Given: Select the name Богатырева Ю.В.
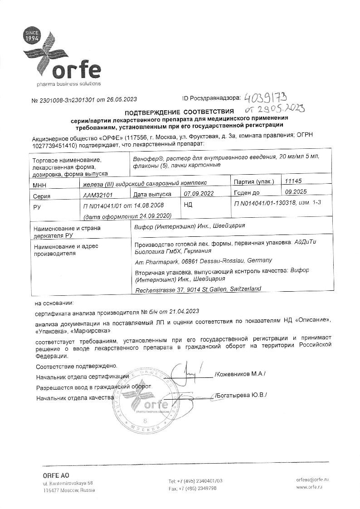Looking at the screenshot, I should [x=241, y=395].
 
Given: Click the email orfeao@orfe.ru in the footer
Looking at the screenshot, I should [x=312, y=480].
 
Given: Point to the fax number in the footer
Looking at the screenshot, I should [x=192, y=488].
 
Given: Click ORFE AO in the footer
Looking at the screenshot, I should [x=56, y=475].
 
